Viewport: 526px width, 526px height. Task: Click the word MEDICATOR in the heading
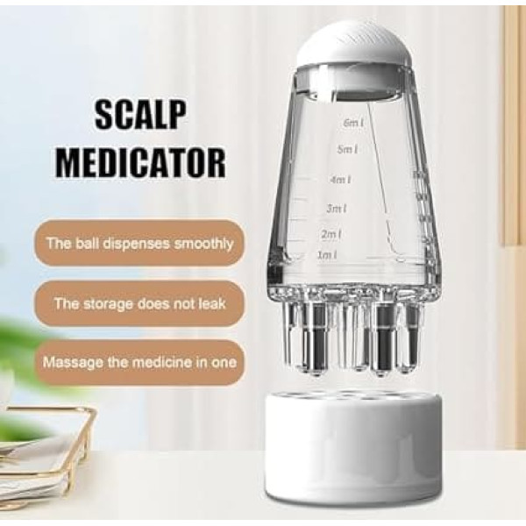click(140, 162)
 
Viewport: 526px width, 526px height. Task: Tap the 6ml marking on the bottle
click(353, 123)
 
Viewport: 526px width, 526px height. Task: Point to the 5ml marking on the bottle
click(347, 149)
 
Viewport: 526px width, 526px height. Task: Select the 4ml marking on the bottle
click(340, 180)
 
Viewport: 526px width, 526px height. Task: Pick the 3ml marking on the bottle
click(337, 209)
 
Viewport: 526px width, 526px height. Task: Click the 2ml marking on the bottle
click(331, 234)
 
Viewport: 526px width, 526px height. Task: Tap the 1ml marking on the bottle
click(327, 255)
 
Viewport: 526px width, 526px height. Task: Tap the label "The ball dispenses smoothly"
click(139, 243)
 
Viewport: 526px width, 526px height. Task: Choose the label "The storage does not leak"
click(139, 303)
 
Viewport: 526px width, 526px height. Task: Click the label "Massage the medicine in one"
click(139, 362)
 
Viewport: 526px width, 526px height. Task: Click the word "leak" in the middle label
click(211, 303)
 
